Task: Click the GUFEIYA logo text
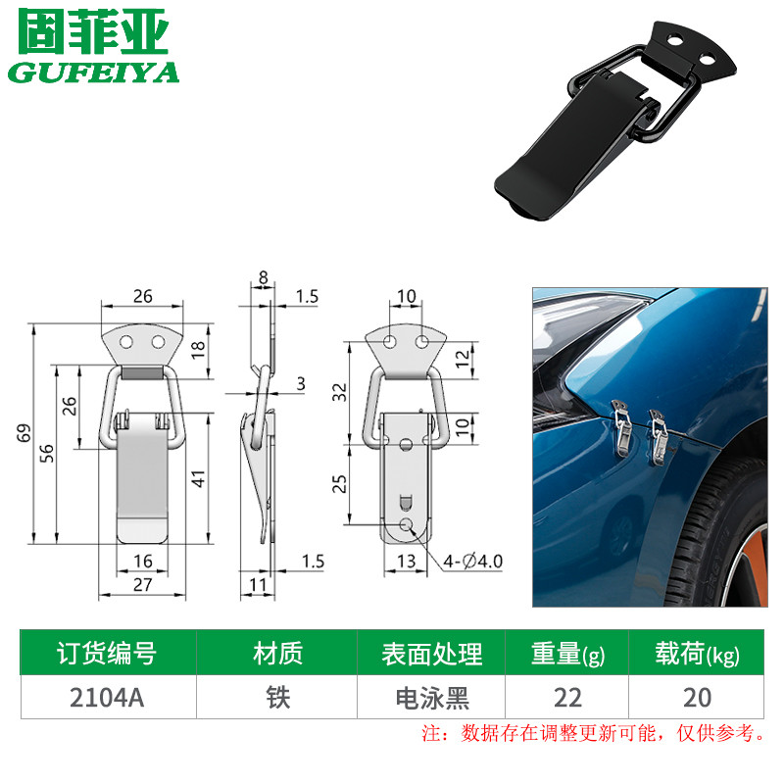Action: point(93,73)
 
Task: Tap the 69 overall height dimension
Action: point(24,433)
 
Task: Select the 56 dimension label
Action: point(46,453)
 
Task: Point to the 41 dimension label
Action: point(199,478)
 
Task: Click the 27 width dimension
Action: point(142,584)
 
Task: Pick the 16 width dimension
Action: point(142,561)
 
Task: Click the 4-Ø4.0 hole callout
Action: point(472,561)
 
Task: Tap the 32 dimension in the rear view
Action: point(339,393)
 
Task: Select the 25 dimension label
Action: point(339,484)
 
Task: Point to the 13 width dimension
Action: point(406,561)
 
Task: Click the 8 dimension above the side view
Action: point(263,277)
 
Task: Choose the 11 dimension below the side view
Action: point(258,584)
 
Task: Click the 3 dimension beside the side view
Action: point(301,383)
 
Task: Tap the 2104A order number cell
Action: point(107,698)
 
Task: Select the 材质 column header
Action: point(278,654)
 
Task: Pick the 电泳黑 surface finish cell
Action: point(432,699)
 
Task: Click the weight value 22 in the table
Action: point(567,698)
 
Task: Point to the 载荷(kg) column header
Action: point(698,654)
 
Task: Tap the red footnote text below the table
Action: point(593,733)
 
